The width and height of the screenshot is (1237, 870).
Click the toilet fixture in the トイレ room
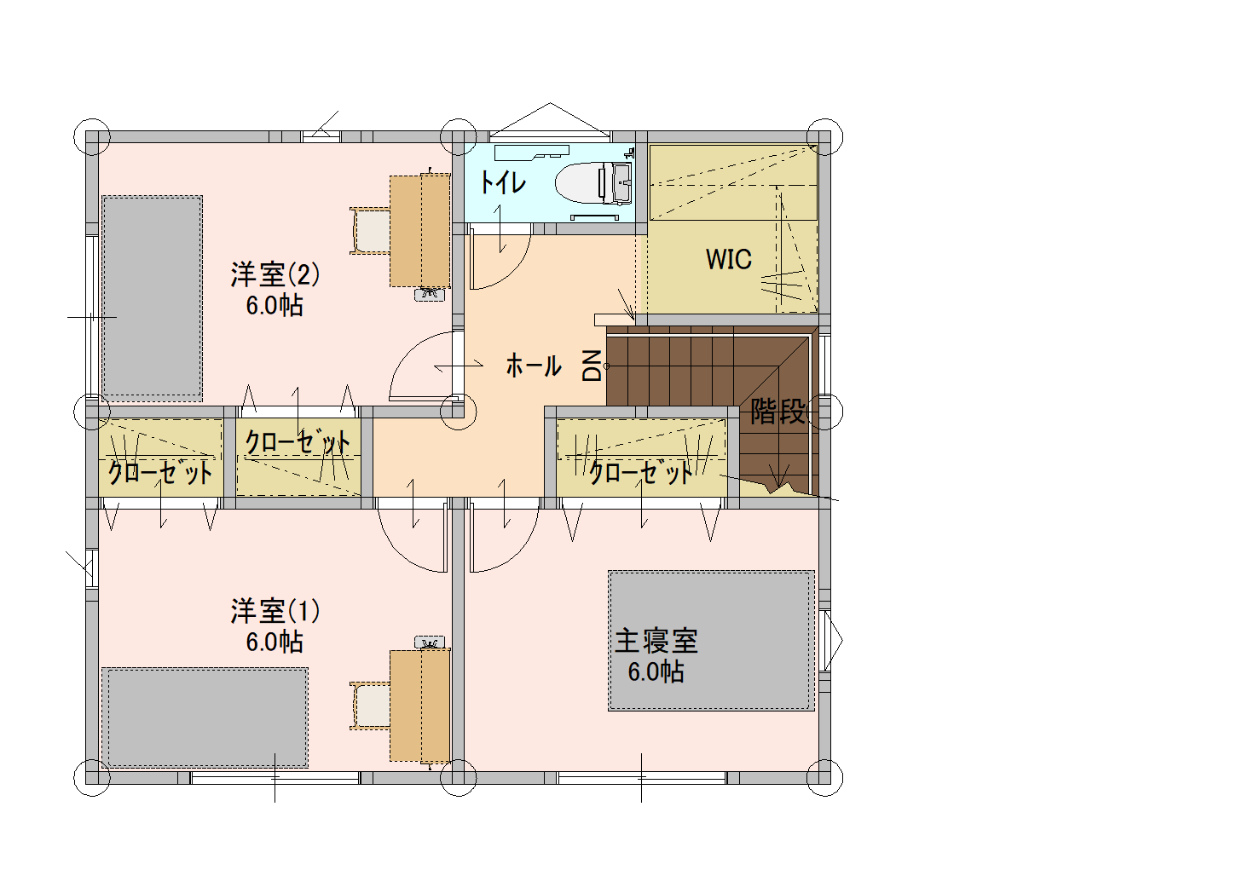[x=593, y=182]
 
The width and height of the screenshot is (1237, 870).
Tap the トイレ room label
[x=502, y=182]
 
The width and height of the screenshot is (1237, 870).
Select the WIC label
[x=728, y=259]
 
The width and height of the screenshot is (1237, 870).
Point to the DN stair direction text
[x=592, y=366]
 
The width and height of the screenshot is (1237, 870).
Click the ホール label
[x=534, y=366]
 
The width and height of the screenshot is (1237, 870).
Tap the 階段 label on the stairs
[x=777, y=412]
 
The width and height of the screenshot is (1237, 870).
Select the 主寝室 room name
[x=656, y=641]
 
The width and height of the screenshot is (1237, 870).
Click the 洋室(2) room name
[x=275, y=274]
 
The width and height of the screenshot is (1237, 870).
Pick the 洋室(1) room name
[x=275, y=611]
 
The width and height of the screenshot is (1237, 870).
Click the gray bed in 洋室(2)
[x=152, y=298]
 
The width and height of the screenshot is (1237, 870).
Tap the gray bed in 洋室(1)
[x=205, y=717]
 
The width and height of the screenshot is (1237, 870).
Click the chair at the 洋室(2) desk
[x=371, y=231]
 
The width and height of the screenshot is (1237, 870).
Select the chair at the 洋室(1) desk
[x=371, y=706]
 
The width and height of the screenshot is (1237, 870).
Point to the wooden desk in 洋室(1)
[x=419, y=706]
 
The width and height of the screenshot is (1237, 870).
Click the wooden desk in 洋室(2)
[x=419, y=230]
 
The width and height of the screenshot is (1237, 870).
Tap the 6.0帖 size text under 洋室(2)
[x=275, y=305]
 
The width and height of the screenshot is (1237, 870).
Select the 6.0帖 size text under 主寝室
[x=656, y=671]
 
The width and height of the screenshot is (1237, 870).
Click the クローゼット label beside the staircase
[x=640, y=473]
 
